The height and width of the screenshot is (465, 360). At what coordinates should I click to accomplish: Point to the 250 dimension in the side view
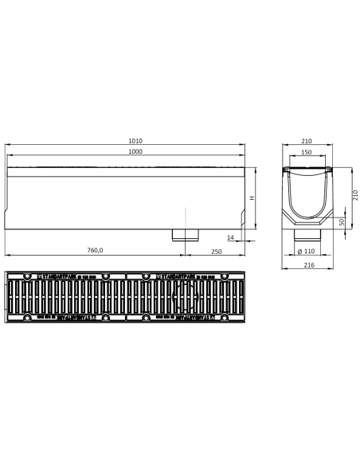pos(217,251)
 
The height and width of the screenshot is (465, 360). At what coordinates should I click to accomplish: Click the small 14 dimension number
pos(230,236)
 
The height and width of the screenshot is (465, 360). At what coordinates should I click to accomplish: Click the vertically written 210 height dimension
pos(355,195)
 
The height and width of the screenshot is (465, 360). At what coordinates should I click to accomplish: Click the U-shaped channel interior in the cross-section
pos(307,195)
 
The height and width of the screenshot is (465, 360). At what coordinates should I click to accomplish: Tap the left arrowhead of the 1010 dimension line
pos(8,147)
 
